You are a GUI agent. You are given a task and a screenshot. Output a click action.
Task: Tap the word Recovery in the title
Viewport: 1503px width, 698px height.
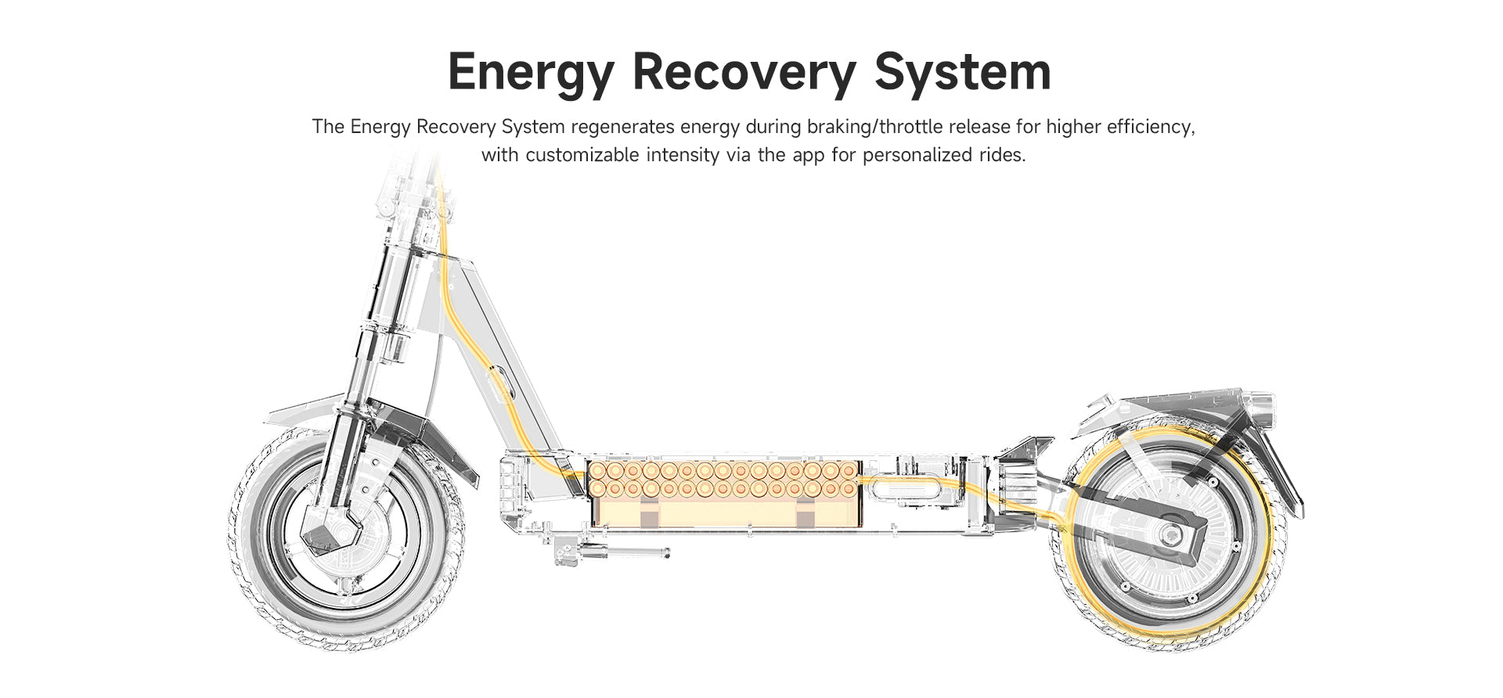tap(744, 72)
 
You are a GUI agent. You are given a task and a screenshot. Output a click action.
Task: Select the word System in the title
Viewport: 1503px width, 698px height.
tap(962, 72)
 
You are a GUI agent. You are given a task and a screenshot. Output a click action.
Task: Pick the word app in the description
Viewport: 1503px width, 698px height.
tap(809, 155)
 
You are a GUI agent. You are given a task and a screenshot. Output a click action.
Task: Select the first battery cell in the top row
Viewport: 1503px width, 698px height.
tap(597, 471)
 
